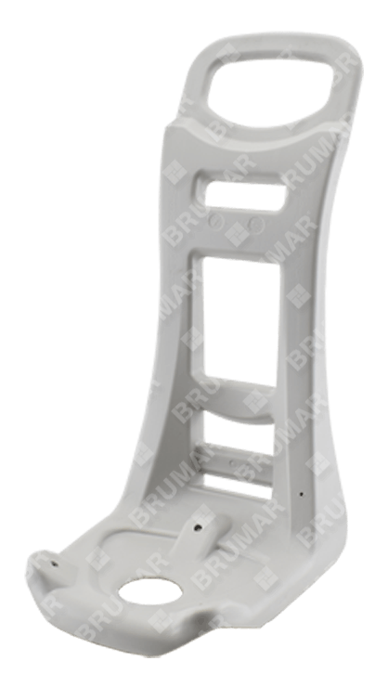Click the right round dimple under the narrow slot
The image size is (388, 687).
(x=256, y=225)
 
